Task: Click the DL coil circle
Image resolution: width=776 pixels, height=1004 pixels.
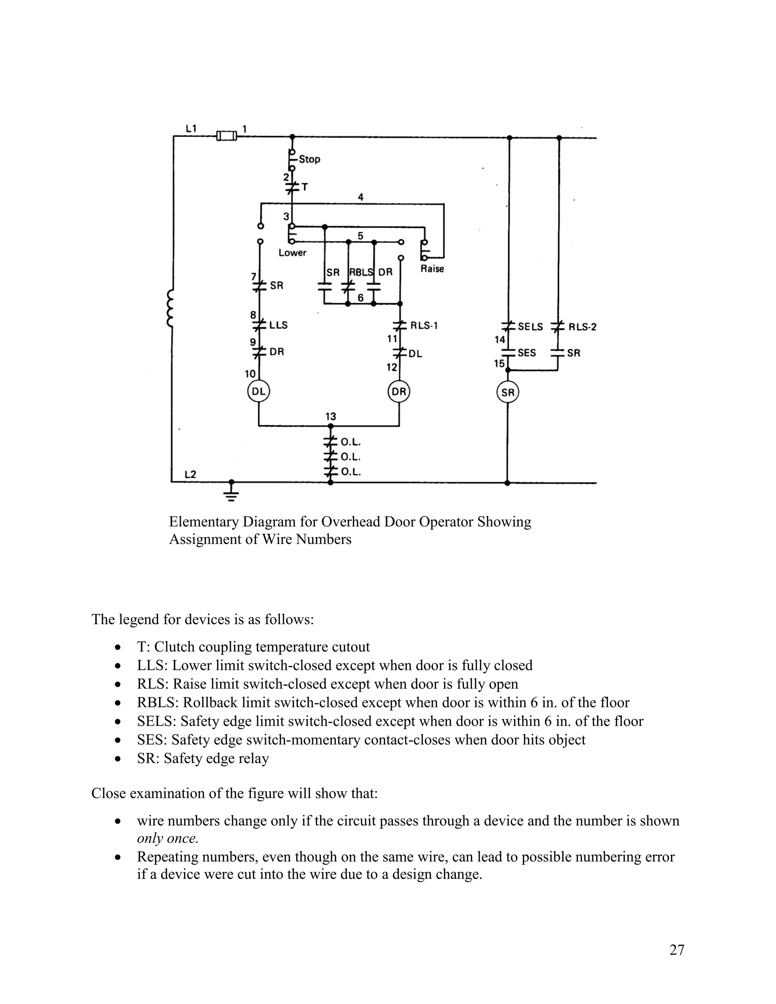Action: pyautogui.click(x=258, y=392)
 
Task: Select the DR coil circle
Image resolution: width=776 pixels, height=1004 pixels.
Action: pyautogui.click(x=399, y=392)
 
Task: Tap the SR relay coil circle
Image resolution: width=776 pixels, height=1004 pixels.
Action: pyautogui.click(x=507, y=392)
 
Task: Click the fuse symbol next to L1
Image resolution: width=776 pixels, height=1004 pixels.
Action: pyautogui.click(x=227, y=136)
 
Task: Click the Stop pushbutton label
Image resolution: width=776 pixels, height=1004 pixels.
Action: pyautogui.click(x=310, y=159)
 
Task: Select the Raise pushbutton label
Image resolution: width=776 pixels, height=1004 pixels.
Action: pyautogui.click(x=432, y=269)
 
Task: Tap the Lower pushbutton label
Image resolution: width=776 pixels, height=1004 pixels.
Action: pyautogui.click(x=293, y=252)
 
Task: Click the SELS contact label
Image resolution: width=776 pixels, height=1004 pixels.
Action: pyautogui.click(x=530, y=327)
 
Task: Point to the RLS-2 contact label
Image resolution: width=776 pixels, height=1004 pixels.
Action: pyautogui.click(x=582, y=327)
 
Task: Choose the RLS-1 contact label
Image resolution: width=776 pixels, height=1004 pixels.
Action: pyautogui.click(x=424, y=325)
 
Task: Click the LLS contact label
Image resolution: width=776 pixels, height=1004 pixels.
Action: pyautogui.click(x=278, y=325)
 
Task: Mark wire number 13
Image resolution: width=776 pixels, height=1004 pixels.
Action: pyautogui.click(x=330, y=416)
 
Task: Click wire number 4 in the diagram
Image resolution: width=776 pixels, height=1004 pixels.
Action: pyautogui.click(x=360, y=197)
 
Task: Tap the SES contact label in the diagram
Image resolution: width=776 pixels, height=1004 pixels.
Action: pyautogui.click(x=527, y=353)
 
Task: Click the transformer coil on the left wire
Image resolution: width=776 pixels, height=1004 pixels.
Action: pyautogui.click(x=171, y=308)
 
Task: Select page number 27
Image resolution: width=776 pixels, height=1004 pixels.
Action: pyautogui.click(x=677, y=950)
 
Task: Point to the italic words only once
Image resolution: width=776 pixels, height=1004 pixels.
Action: pyautogui.click(x=167, y=838)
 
